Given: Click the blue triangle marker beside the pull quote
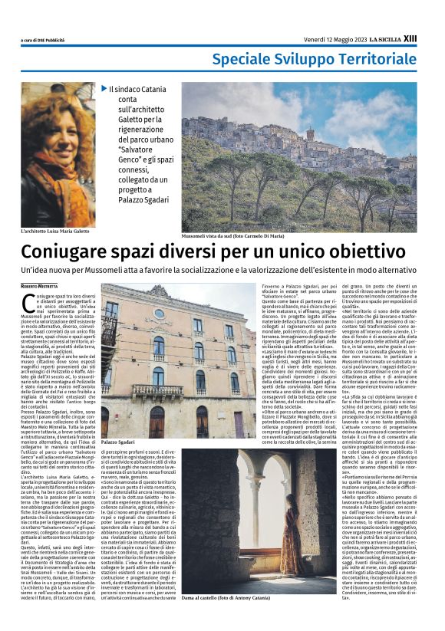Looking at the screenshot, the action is point(104,89).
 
